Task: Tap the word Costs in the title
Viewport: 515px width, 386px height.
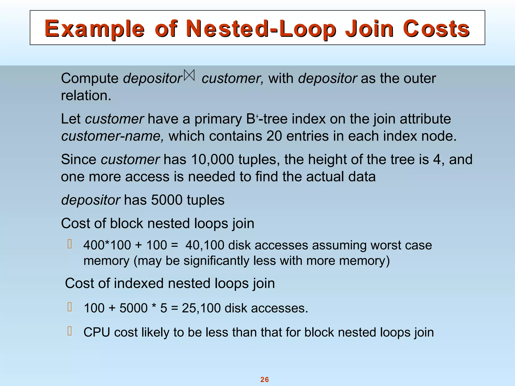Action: (436, 29)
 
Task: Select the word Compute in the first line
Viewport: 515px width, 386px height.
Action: (90, 79)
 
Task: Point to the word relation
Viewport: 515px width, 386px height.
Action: (86, 96)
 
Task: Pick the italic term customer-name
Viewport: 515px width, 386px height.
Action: (112, 136)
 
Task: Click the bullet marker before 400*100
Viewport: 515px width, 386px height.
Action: (70, 244)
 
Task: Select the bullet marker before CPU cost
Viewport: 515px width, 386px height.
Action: (70, 331)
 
